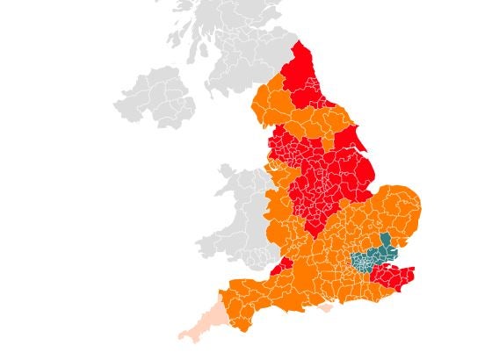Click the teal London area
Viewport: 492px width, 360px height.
(365, 261)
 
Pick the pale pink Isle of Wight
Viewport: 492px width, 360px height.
(326, 308)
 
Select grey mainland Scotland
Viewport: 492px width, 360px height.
(228, 44)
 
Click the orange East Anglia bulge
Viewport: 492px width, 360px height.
(400, 215)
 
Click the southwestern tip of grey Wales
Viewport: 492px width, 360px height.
(199, 250)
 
